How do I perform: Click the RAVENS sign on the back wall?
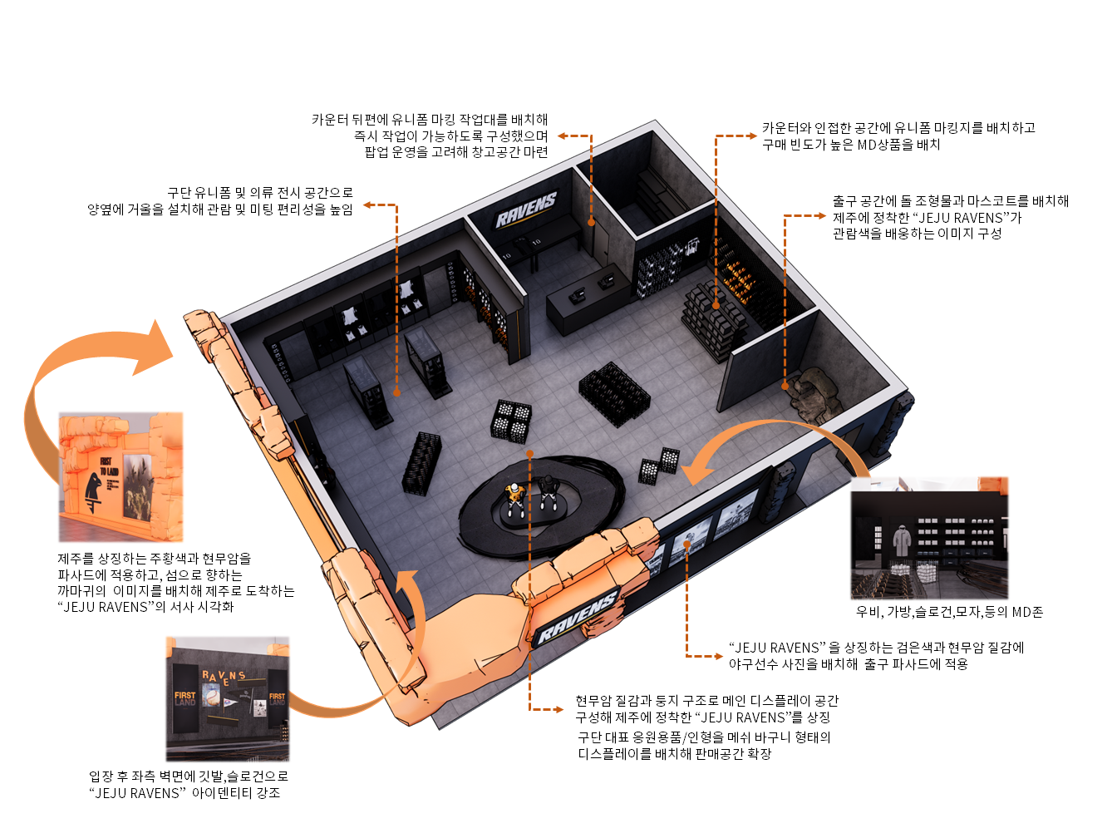click(x=526, y=209)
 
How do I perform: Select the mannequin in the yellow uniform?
click(x=515, y=498)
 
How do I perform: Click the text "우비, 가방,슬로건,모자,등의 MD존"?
click(x=949, y=612)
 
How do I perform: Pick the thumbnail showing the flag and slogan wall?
click(x=228, y=698)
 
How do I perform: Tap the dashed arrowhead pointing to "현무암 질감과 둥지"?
click(x=560, y=709)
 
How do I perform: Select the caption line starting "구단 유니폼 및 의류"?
click(x=260, y=192)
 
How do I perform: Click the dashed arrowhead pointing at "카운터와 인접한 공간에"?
click(x=753, y=136)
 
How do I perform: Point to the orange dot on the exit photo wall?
click(x=686, y=544)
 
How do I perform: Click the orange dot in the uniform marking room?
click(x=591, y=222)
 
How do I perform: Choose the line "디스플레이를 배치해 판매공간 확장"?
click(x=674, y=753)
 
